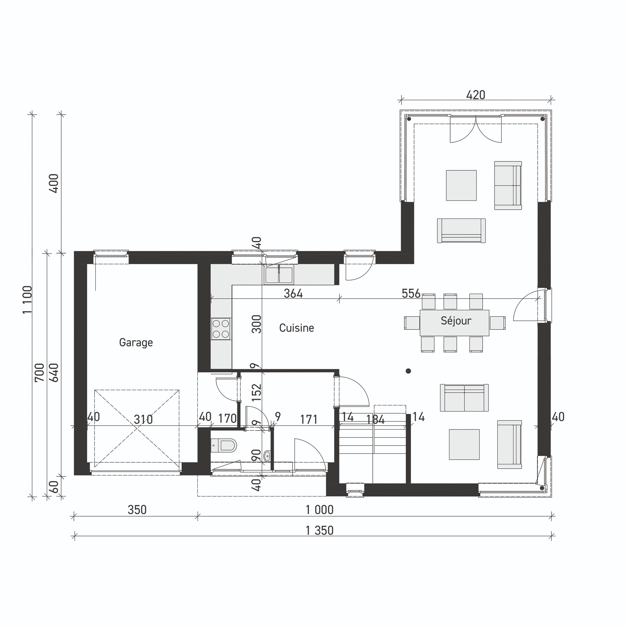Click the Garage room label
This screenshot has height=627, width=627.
(136, 343)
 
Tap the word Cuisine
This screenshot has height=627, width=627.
(296, 328)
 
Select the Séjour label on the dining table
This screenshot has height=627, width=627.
(456, 321)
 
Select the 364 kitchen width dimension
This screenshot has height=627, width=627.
(293, 293)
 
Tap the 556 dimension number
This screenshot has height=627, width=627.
(411, 293)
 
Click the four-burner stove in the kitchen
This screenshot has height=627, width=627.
(221, 329)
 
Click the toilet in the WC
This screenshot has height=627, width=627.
(224, 445)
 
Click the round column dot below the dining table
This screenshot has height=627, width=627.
(408, 371)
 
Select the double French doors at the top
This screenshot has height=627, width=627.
(475, 130)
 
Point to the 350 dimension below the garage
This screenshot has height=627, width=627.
(137, 510)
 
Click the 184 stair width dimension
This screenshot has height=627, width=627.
(376, 420)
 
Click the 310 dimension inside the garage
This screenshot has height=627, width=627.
(143, 420)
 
